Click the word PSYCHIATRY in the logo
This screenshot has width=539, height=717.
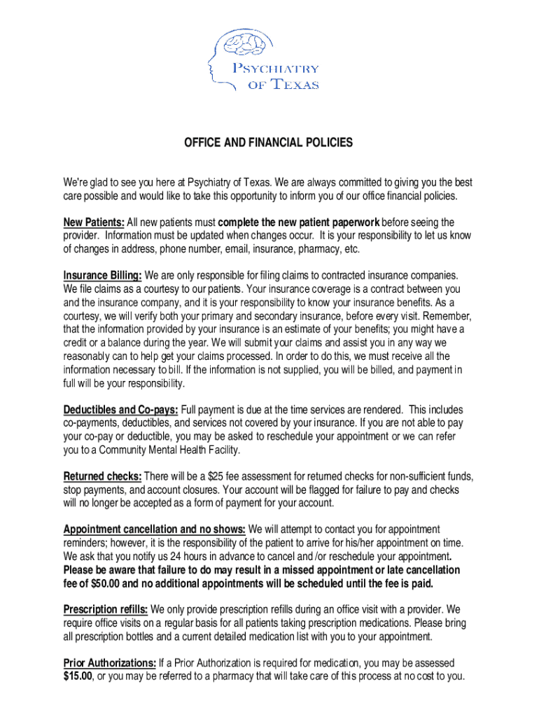[x=275, y=69]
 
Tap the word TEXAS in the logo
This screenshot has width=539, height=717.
[x=295, y=85]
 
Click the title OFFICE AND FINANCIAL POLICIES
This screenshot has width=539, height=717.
[x=269, y=143]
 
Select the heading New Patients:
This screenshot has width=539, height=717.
[x=94, y=223]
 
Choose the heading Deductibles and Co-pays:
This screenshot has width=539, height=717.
[x=121, y=410]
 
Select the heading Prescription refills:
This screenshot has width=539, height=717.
[x=106, y=610]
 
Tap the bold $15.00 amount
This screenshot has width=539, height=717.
[x=78, y=676]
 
